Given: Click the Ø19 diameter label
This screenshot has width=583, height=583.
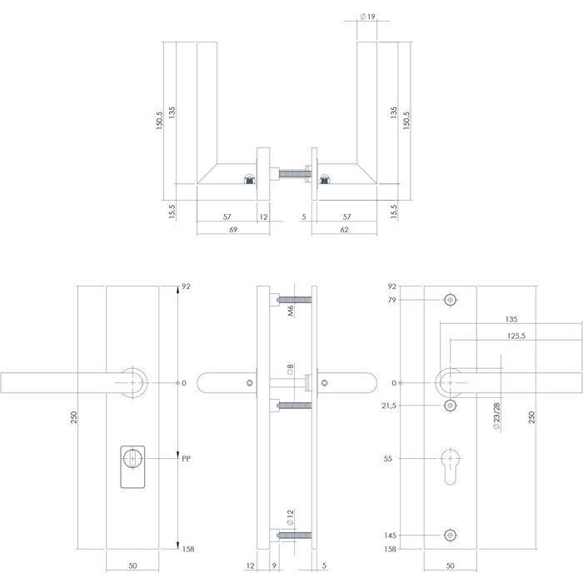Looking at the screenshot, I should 367,16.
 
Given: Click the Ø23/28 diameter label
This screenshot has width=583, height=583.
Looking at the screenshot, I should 497,416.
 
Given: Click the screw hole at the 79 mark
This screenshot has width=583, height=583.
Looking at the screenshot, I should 451,299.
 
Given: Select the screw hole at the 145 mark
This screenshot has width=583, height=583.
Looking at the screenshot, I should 451,536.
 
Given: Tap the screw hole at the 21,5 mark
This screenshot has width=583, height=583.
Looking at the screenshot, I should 451,406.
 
